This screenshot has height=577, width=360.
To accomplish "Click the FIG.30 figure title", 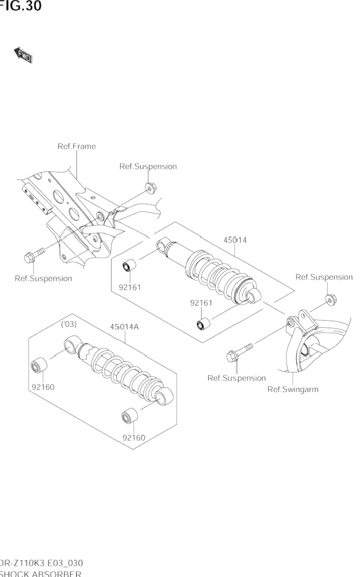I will [20, 6].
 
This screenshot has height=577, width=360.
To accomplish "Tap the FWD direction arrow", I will [23, 55].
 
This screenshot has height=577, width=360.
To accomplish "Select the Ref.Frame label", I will [76, 146].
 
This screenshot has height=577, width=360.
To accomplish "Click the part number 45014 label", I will [235, 240].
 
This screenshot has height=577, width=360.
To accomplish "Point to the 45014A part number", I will [124, 327].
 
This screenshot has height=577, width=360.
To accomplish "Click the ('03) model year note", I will [69, 324].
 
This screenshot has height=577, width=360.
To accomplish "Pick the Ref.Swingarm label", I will [293, 389].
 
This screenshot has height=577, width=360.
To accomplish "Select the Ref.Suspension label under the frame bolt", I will [43, 278].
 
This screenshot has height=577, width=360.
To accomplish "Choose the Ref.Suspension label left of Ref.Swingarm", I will [236, 378].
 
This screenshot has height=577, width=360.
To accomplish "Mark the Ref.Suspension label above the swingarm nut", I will [324, 277].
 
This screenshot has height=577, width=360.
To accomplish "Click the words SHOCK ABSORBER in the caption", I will [41, 573].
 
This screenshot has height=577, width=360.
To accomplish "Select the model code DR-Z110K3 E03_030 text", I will [41, 563].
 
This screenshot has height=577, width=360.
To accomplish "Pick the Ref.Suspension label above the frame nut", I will [148, 166].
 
